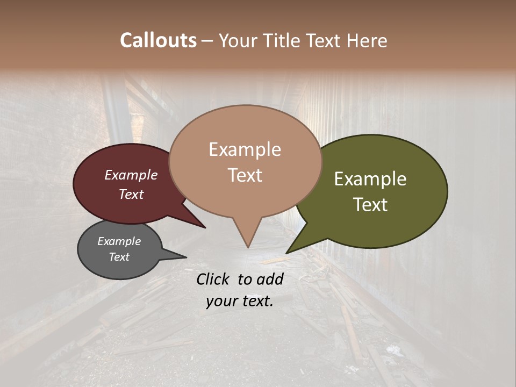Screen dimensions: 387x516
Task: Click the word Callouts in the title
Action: click(x=158, y=40)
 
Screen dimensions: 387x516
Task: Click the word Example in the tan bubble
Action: click(x=245, y=149)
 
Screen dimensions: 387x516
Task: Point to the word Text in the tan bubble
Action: click(x=245, y=175)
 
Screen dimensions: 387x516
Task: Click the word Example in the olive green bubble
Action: click(x=370, y=179)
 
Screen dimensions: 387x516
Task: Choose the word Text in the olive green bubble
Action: click(x=370, y=205)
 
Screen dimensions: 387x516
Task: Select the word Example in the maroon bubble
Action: click(x=131, y=175)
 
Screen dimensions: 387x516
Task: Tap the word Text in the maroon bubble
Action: click(x=131, y=195)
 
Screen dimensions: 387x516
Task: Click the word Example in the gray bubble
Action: click(x=119, y=241)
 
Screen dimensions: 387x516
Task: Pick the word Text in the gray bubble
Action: click(x=119, y=257)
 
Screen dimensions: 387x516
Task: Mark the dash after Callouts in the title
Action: click(x=208, y=40)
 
